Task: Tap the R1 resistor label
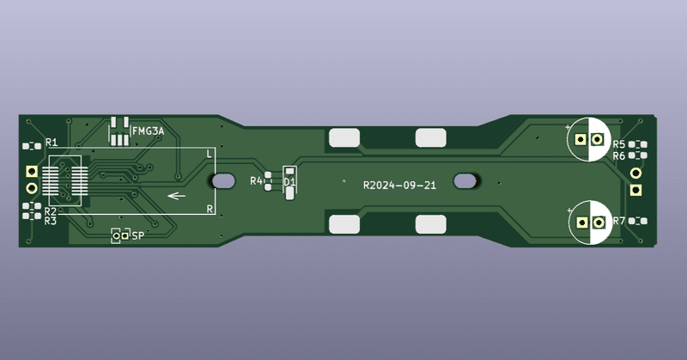[x=52, y=142]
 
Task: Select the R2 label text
[x=51, y=211]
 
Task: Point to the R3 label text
[x=51, y=221]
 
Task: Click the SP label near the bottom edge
[x=138, y=235]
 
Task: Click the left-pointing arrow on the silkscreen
[x=178, y=196]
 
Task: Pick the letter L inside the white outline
[x=210, y=153]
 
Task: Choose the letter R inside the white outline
[x=210, y=210]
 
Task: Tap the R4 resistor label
[x=256, y=181]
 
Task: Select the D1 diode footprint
[x=289, y=182]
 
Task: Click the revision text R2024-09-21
[x=399, y=185]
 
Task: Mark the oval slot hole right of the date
[x=469, y=181]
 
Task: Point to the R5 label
[x=619, y=144]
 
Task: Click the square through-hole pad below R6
[x=636, y=173]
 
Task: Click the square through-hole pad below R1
[x=32, y=171]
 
